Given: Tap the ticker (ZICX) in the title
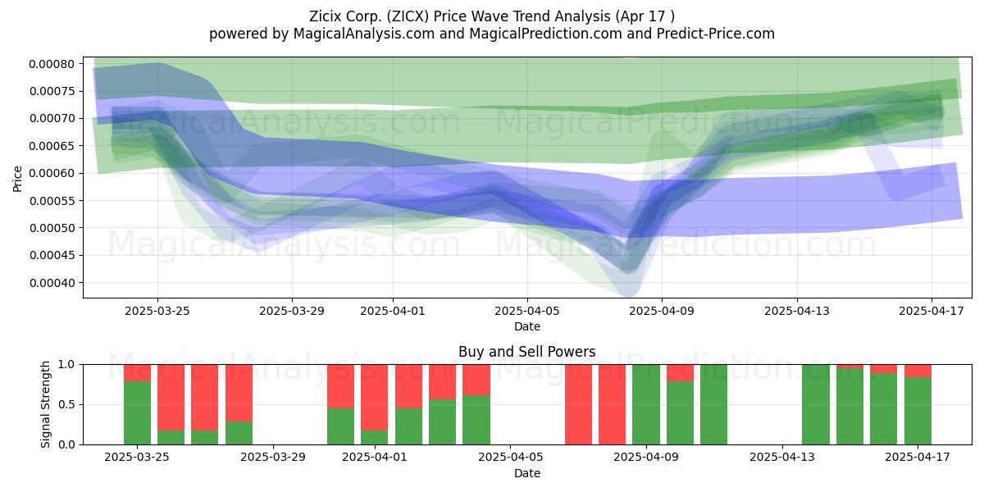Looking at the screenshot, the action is tap(408, 16).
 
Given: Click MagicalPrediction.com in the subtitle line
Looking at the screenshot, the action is tap(545, 34).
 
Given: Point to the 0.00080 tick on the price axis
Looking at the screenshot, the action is tap(52, 64).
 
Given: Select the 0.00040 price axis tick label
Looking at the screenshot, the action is tap(52, 283).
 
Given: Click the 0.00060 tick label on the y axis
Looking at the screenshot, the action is tap(52, 174).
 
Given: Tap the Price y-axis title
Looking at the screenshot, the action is tap(17, 179).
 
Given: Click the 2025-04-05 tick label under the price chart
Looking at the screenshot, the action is tap(527, 311).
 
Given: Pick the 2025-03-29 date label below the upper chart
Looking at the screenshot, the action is tap(292, 311).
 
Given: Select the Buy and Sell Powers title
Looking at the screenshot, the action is tap(526, 352).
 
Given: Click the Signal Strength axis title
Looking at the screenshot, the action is tap(46, 404).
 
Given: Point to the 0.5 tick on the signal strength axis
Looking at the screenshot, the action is tap(66, 404).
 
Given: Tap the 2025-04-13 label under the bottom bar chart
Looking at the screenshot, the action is tap(782, 458).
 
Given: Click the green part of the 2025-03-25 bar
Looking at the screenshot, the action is tap(137, 412).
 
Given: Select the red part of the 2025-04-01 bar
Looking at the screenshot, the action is tap(374, 398).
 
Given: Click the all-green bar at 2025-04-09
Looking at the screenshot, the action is tap(646, 404).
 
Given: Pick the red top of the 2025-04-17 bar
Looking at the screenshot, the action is tap(918, 371).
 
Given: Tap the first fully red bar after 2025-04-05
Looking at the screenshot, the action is tap(578, 404).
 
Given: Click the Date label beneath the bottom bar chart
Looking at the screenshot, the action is tap(527, 473).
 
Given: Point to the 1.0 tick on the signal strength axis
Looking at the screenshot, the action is tap(66, 365).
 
